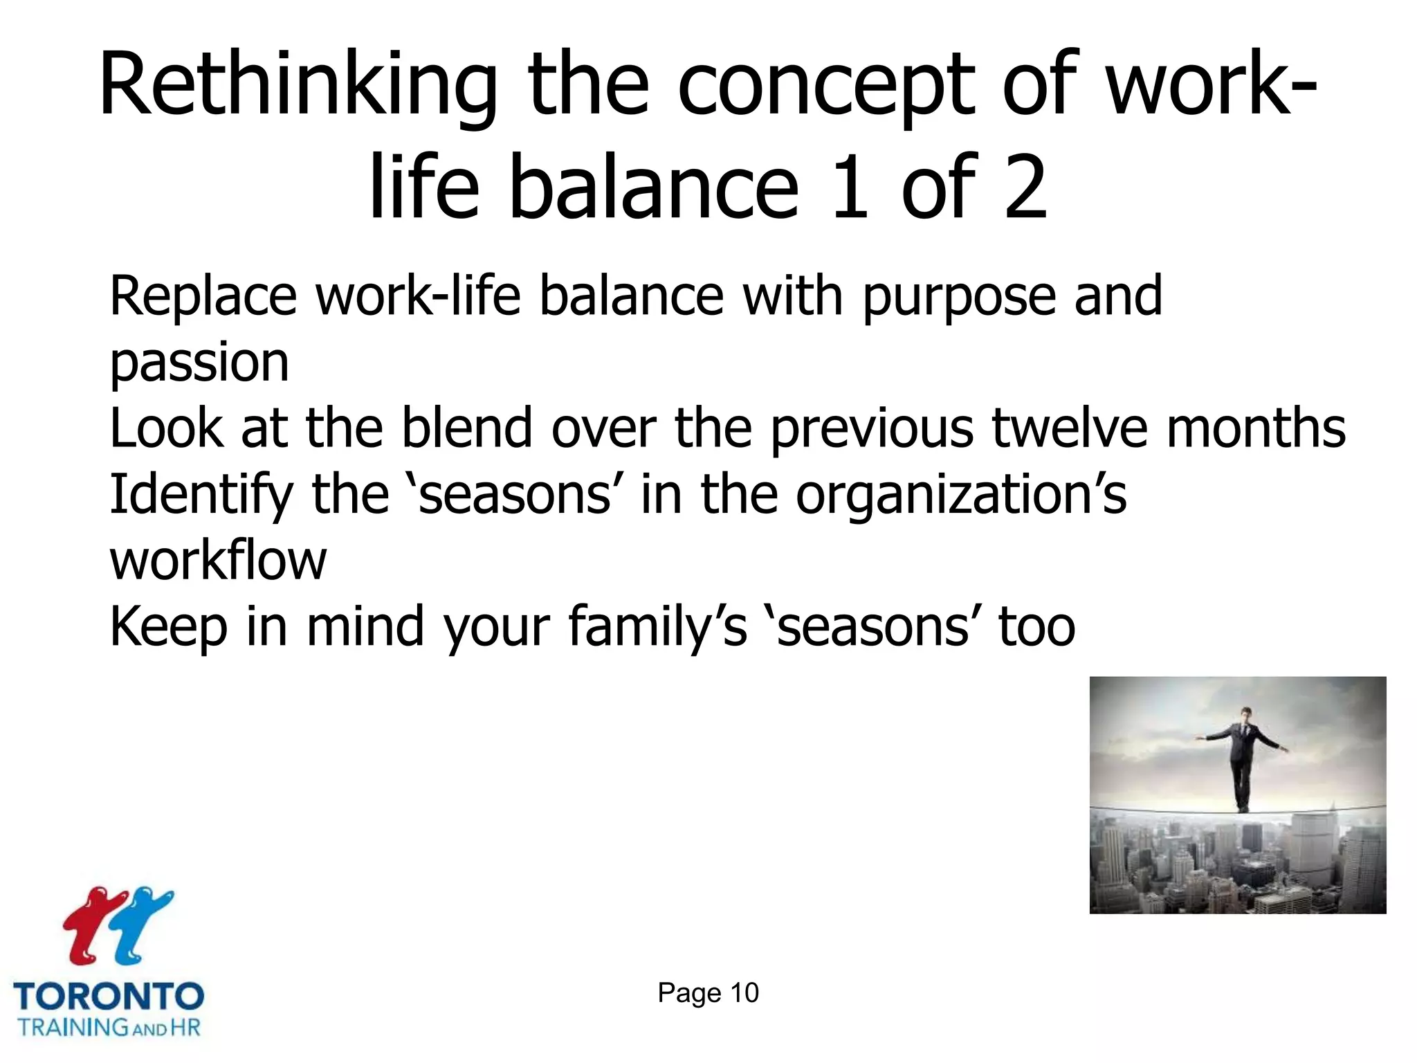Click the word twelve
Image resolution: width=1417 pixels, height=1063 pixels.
click(1070, 428)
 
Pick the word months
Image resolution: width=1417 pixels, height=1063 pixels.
click(1256, 428)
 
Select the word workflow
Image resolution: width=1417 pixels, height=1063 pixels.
click(217, 560)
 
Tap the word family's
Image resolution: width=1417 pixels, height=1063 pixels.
click(657, 627)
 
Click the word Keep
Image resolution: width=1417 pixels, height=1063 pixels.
click(168, 627)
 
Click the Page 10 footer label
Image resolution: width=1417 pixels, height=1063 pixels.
click(708, 993)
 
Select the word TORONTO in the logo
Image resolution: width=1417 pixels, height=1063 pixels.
click(109, 997)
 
